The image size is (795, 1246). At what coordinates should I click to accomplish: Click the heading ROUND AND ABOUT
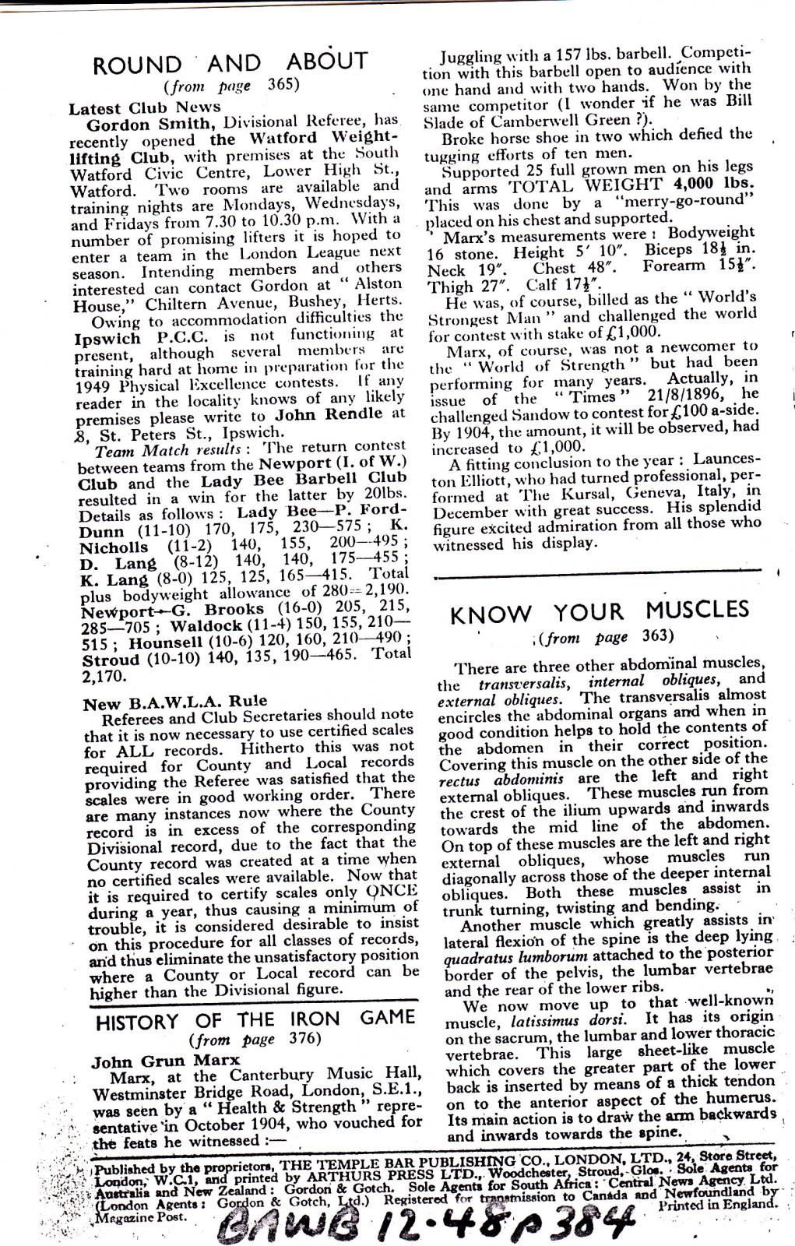(230, 63)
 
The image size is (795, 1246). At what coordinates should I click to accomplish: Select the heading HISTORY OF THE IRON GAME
(255, 1021)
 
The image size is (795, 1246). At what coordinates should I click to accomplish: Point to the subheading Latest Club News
(144, 107)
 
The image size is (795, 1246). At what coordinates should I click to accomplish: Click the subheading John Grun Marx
(166, 1061)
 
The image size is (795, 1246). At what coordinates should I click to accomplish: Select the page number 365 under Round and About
(283, 85)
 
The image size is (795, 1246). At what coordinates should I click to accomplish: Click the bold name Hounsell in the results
(165, 643)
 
